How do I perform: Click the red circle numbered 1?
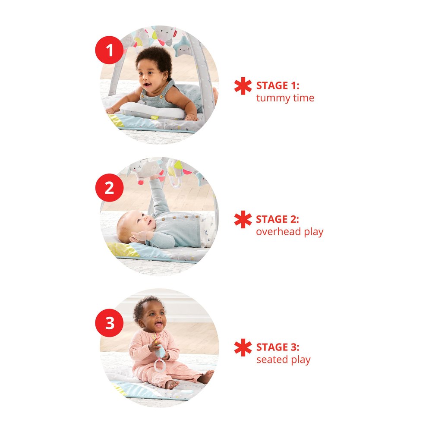click(x=109, y=50)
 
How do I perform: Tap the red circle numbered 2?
click(x=109, y=188)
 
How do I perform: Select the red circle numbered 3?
click(x=109, y=323)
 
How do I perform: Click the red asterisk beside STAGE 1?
click(x=243, y=86)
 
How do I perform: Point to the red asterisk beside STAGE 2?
click(x=243, y=220)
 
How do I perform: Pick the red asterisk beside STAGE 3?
click(x=243, y=347)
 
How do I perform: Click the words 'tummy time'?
click(x=285, y=98)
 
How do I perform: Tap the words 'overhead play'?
click(x=290, y=232)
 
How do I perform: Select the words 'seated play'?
click(x=283, y=360)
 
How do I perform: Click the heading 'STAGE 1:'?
click(x=278, y=86)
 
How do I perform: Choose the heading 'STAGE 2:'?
click(x=277, y=219)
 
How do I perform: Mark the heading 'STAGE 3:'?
click(x=278, y=347)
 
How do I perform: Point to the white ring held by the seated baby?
click(x=159, y=365)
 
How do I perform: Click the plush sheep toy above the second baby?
click(x=146, y=169)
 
